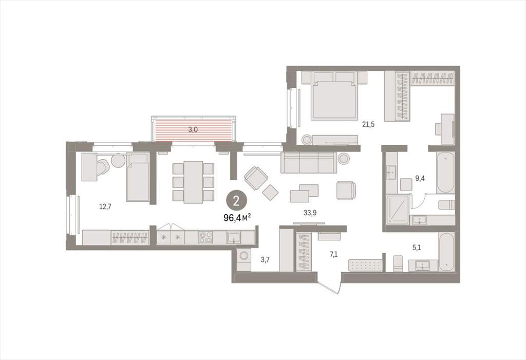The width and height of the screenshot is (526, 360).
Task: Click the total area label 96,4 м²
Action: [237, 218]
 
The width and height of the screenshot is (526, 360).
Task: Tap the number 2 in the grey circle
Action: [236, 201]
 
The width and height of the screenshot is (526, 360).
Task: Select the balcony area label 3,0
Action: [193, 130]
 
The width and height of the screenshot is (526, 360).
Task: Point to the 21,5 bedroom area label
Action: [368, 124]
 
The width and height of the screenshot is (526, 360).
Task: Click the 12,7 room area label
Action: [105, 206]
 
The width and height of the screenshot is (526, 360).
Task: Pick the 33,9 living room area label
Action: [310, 213]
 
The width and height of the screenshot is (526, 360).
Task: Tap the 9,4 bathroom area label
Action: [420, 179]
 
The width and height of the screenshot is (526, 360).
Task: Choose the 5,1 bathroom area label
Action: [417, 248]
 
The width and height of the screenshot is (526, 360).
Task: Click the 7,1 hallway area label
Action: [333, 254]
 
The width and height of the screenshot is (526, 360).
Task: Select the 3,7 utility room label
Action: [265, 259]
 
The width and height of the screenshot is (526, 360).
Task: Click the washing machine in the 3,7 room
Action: [243, 259]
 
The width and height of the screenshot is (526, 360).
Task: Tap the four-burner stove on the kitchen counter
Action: [205, 237]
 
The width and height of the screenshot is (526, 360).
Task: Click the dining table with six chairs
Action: [193, 182]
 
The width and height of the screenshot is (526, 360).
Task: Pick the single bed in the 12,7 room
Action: [138, 177]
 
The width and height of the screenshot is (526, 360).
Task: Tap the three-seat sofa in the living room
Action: [309, 163]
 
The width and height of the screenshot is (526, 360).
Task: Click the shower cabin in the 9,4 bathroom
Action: [398, 210]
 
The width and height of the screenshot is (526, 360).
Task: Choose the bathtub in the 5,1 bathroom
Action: [446, 252]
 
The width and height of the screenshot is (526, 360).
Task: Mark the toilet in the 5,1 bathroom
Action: [398, 263]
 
